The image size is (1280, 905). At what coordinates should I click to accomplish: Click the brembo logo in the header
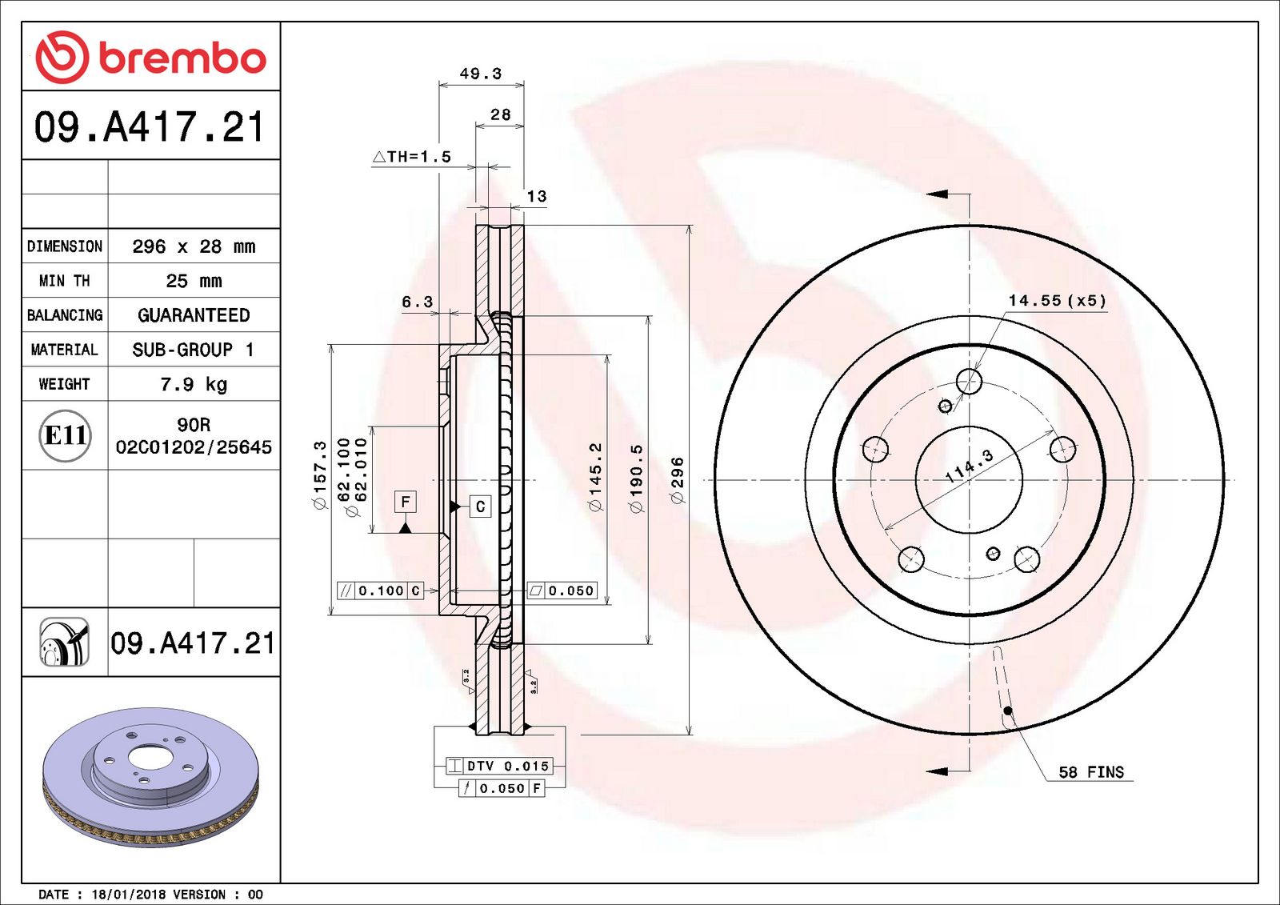point(151,57)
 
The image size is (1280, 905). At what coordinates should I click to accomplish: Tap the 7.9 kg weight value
point(194,384)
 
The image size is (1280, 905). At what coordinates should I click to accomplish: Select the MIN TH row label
point(65,281)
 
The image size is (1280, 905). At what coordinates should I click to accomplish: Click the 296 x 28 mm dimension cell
point(194,246)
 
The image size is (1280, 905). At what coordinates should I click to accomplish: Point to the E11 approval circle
point(65,435)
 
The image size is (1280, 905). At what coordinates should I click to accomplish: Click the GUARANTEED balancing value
point(194,315)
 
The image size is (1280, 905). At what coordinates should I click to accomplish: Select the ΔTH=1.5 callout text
point(412,156)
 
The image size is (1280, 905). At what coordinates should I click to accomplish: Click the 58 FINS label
point(1091,772)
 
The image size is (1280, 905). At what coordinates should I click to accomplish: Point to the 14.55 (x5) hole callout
point(1057,301)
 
